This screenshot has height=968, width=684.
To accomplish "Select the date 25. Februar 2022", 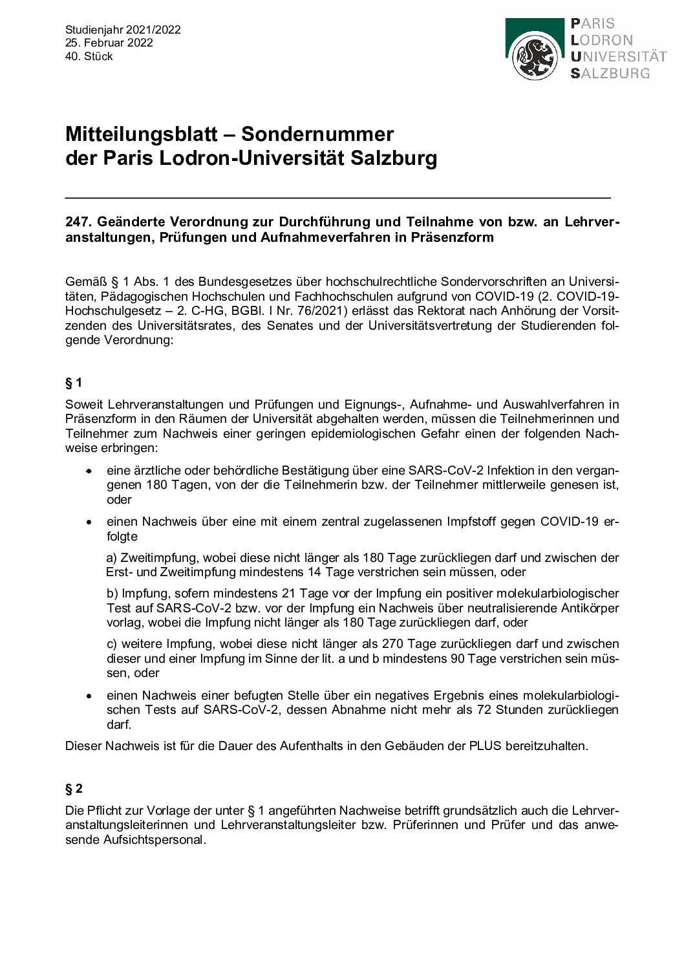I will click(109, 43).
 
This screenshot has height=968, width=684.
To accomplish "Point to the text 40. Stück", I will click(89, 56).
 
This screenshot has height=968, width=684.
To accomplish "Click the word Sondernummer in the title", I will click(317, 134).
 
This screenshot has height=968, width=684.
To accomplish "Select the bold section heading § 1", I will click(74, 383).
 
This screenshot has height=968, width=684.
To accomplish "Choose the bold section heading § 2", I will click(74, 788).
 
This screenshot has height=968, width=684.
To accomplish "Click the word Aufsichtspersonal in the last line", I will click(135, 841).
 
